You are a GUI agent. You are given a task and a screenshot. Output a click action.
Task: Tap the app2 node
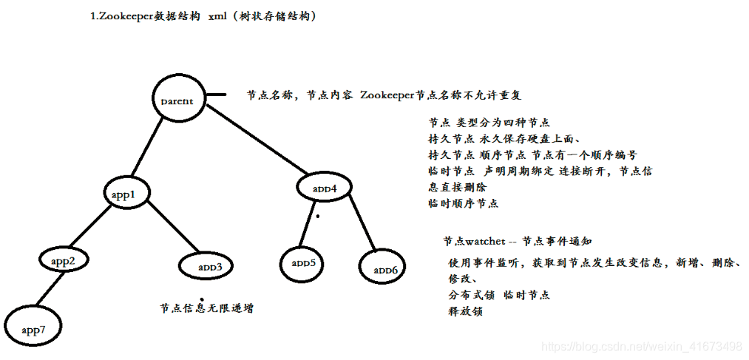64,261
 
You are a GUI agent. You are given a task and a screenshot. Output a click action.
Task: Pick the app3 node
207,265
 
